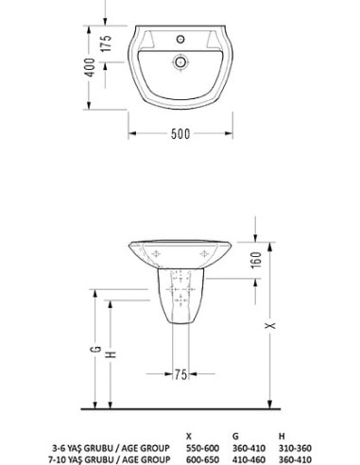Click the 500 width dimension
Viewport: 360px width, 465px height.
(x=180, y=134)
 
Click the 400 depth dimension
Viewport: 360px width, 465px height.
(x=90, y=67)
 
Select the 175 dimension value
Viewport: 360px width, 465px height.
(x=107, y=43)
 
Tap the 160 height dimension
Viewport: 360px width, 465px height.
(x=257, y=260)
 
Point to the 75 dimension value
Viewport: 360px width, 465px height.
(x=180, y=374)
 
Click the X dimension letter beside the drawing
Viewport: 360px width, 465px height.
(x=270, y=325)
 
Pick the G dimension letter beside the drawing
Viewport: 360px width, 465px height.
(x=96, y=349)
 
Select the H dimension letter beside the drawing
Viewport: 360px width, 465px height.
(x=111, y=354)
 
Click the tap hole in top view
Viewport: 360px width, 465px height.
(x=180, y=40)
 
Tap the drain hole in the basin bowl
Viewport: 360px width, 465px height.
(x=180, y=62)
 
